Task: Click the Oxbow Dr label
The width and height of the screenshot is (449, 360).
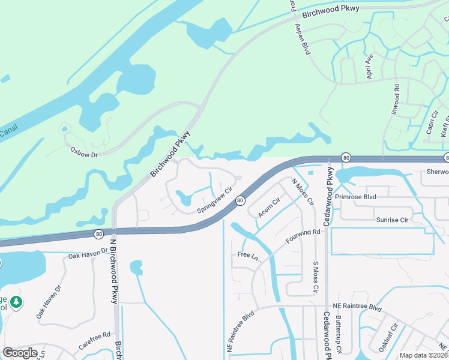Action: pos(84,149)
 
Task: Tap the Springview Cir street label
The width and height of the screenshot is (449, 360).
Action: pos(214,200)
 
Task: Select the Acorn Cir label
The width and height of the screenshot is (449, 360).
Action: pos(269,208)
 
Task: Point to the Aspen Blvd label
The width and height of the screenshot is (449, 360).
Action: pos(302,40)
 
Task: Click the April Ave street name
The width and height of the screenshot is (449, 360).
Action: pos(370,66)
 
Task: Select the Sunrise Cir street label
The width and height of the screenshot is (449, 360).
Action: pos(392,220)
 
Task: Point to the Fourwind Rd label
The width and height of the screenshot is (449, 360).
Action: pos(303,235)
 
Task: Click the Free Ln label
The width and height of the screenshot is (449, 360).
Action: pos(247,256)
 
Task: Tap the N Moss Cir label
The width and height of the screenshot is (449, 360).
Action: pos(303,191)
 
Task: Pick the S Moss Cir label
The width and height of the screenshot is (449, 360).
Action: pos(315,277)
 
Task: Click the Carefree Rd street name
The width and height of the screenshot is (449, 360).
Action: pos(95,341)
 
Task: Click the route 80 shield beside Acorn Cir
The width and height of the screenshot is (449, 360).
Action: pos(240,200)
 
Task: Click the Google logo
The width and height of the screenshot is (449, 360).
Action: pos(20,353)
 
